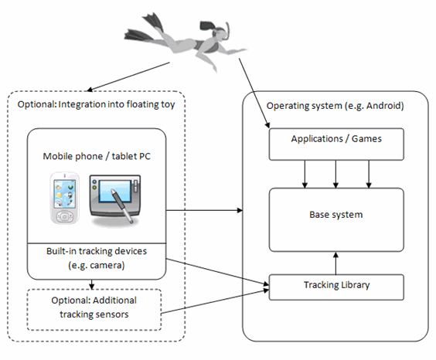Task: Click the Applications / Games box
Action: click(336, 144)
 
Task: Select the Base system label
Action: click(336, 215)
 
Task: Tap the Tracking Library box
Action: click(336, 287)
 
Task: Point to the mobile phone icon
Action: click(64, 198)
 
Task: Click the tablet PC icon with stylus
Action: click(115, 199)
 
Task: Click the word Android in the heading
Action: click(385, 106)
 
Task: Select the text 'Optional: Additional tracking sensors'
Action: click(94, 307)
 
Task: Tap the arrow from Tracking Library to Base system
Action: click(336, 263)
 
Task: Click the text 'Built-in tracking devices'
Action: click(97, 251)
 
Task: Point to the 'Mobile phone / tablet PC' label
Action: click(97, 156)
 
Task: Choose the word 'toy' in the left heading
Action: click(168, 105)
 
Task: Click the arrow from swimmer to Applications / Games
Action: click(254, 93)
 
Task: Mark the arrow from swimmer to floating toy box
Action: click(128, 76)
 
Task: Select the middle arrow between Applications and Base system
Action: click(336, 174)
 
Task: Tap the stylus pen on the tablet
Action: click(122, 205)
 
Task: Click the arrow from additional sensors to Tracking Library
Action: click(215, 302)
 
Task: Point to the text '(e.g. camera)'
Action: click(97, 265)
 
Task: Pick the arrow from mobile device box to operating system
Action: click(204, 210)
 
